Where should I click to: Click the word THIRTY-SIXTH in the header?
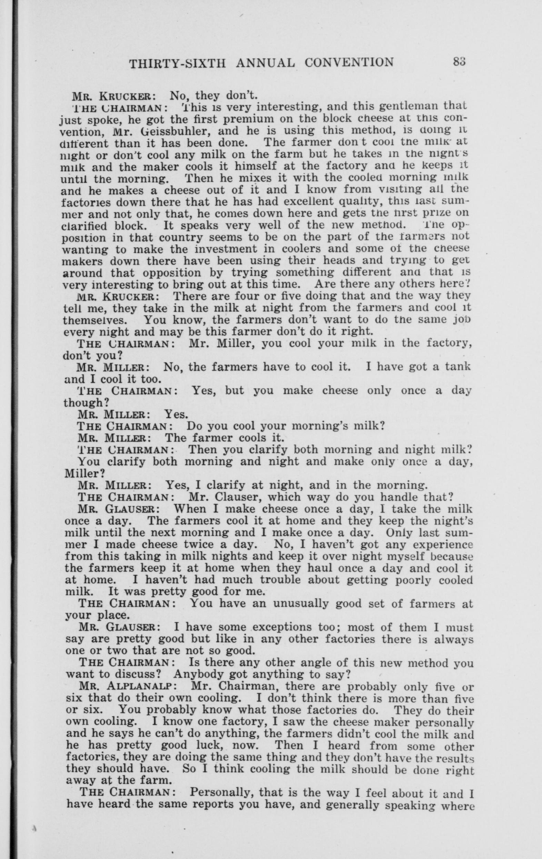pyautogui.click(x=177, y=63)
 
